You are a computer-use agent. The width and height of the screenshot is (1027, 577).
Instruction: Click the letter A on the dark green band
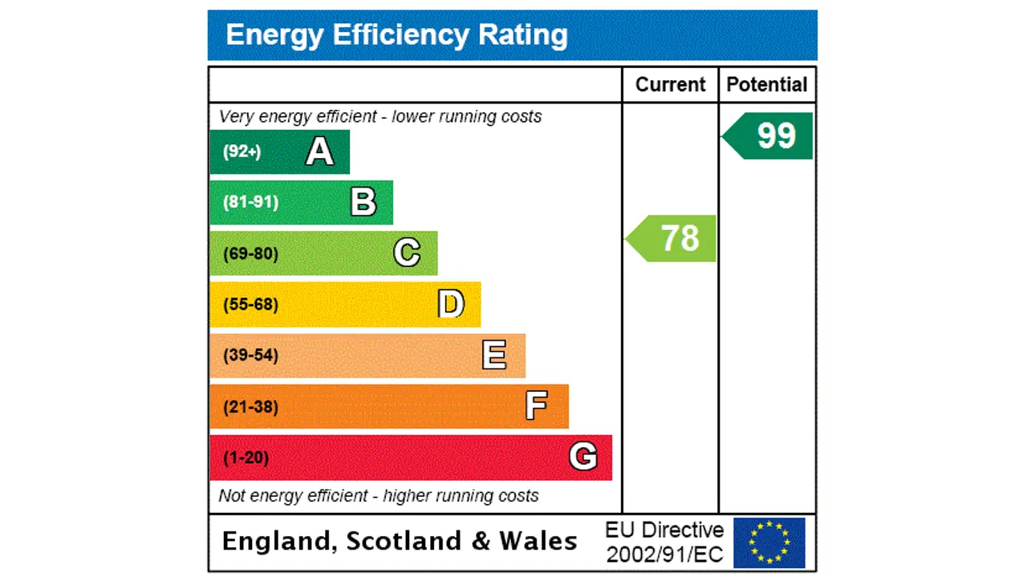[319, 151]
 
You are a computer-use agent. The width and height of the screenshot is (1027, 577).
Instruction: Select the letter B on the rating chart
[363, 203]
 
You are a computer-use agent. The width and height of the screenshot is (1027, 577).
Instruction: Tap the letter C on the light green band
[407, 253]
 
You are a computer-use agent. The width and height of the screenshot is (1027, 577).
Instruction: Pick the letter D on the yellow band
[451, 305]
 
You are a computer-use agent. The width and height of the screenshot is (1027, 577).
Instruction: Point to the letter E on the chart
[494, 355]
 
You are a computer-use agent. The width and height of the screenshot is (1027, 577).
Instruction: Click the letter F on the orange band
[537, 406]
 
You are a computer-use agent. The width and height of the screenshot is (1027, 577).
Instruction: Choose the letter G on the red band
[583, 457]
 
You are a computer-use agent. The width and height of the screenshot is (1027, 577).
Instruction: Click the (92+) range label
[242, 151]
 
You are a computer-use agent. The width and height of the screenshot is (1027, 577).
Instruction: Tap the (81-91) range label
[250, 202]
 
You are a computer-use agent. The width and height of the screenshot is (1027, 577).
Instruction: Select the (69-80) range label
[250, 254]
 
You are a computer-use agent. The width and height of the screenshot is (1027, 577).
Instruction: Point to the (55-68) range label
[250, 305]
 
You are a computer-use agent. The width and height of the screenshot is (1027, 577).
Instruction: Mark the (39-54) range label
[250, 355]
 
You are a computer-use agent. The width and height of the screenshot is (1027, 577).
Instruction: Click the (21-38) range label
[250, 406]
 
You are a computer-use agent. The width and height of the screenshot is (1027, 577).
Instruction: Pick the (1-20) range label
[246, 458]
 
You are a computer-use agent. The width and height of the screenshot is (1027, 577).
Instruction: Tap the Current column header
[670, 85]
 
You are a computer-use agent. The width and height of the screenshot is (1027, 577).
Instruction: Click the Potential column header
[767, 85]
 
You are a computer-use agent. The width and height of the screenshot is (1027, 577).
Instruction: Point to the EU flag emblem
[769, 543]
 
